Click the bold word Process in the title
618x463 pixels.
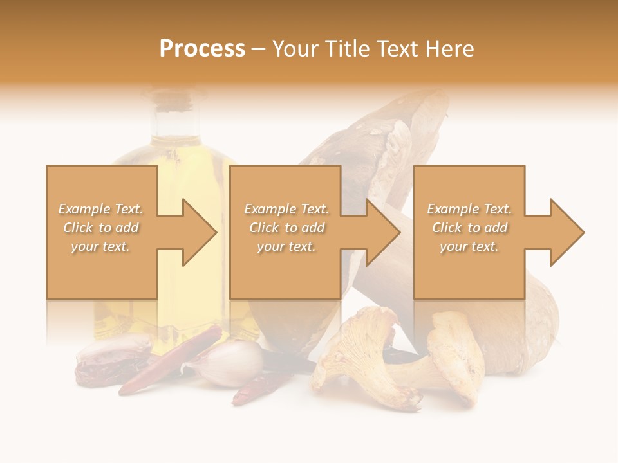coord(202,49)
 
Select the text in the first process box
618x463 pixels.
coord(101,228)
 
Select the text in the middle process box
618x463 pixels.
coord(286,228)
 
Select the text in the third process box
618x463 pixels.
coord(469,228)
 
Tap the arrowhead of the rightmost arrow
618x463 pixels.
coord(566,232)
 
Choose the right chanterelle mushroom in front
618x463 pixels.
coord(454,357)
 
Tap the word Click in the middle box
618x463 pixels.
coord(263,228)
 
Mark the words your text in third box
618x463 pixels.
coord(469,246)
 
